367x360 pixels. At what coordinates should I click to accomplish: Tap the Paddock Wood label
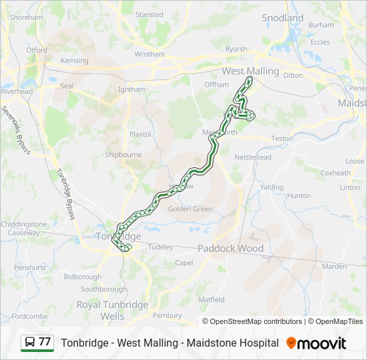pyautogui.click(x=230, y=249)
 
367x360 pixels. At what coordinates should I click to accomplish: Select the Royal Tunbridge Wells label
pyautogui.click(x=112, y=310)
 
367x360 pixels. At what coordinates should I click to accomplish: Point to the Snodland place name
pyautogui.click(x=282, y=18)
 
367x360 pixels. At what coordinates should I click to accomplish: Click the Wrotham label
pyautogui.click(x=149, y=55)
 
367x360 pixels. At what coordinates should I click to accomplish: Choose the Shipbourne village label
pyautogui.click(x=123, y=155)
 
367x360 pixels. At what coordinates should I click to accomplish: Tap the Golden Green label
pyautogui.click(x=190, y=209)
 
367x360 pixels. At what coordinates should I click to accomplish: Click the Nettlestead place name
pyautogui.click(x=253, y=157)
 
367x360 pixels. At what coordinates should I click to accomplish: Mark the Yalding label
pyautogui.click(x=272, y=187)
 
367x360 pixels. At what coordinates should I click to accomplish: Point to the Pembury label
pyautogui.click(x=167, y=315)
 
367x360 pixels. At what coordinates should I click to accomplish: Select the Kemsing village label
pyautogui.click(x=74, y=61)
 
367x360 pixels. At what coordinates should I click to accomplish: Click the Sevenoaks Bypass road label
pyautogui.click(x=15, y=129)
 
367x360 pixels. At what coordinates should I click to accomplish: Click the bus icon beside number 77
pyautogui.click(x=30, y=342)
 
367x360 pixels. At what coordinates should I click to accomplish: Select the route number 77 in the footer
pyautogui.click(x=45, y=342)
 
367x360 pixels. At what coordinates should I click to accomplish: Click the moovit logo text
pyautogui.click(x=322, y=343)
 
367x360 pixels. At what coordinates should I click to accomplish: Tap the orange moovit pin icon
pyautogui.click(x=291, y=343)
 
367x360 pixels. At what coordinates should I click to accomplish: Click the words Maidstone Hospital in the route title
pyautogui.click(x=236, y=343)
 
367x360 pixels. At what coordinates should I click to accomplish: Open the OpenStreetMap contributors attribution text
pyautogui.click(x=256, y=321)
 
